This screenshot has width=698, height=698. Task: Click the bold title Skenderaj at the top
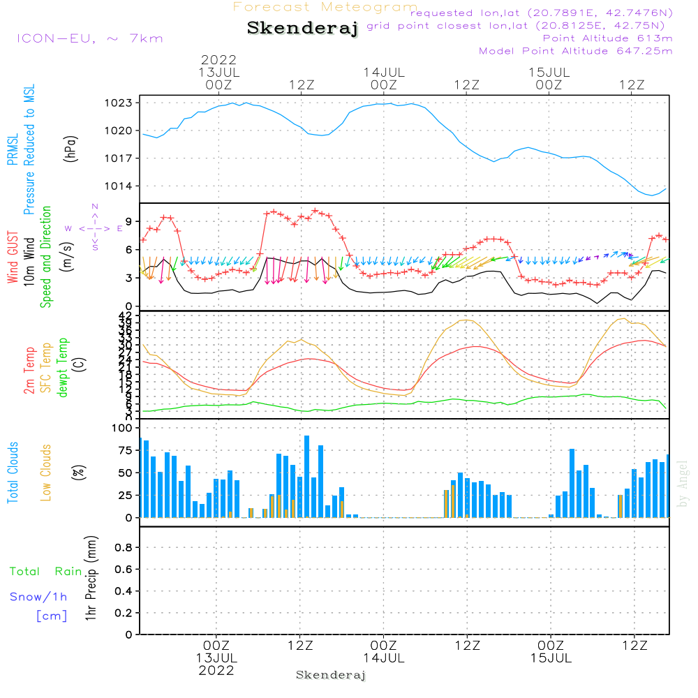pyautogui.click(x=302, y=29)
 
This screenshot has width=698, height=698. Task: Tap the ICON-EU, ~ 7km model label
pyautogui.click(x=89, y=38)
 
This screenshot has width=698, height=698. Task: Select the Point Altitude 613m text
pyautogui.click(x=607, y=38)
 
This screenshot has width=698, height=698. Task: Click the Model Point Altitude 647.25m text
pyautogui.click(x=576, y=51)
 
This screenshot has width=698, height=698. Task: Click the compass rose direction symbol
pyautogui.click(x=95, y=228)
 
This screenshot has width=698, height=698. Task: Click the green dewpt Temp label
pyautogui.click(x=63, y=369)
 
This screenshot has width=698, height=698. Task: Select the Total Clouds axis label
pyautogui.click(x=13, y=473)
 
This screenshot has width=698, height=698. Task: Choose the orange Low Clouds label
pyautogui.click(x=46, y=473)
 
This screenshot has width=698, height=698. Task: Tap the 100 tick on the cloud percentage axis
pyautogui.click(x=121, y=428)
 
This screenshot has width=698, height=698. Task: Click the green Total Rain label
pyautogui.click(x=46, y=572)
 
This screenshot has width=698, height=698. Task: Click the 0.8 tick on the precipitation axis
pyautogui.click(x=123, y=548)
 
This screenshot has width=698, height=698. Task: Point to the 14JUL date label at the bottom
pyautogui.click(x=383, y=658)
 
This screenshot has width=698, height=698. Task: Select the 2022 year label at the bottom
pyautogui.click(x=216, y=670)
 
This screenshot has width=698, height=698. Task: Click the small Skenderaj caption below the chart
pyautogui.click(x=331, y=675)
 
